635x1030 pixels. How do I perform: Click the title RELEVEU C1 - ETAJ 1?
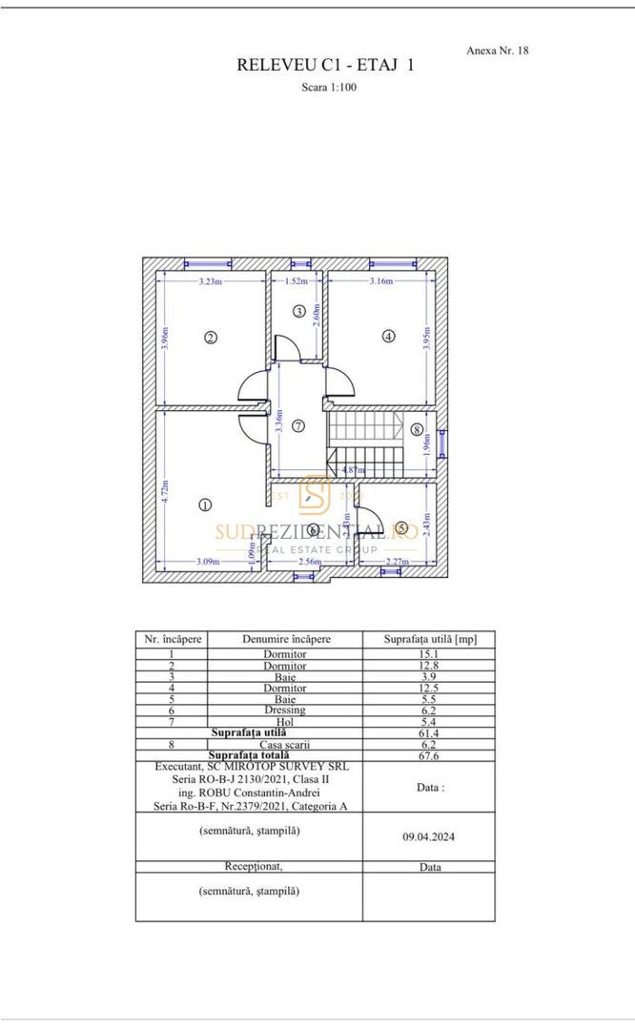pyautogui.click(x=325, y=66)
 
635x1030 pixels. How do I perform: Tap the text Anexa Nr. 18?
pyautogui.click(x=498, y=50)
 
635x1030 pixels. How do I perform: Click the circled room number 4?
pyautogui.click(x=388, y=336)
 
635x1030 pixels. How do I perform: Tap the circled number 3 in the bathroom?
pyautogui.click(x=298, y=311)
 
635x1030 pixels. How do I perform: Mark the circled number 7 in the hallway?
pyautogui.click(x=298, y=425)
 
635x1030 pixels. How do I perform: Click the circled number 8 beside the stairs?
pyautogui.click(x=417, y=429)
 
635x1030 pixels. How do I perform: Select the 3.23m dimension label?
pyautogui.click(x=212, y=281)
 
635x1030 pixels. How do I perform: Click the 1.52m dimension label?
pyautogui.click(x=297, y=281)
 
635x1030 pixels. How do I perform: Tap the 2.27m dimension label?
pyautogui.click(x=398, y=562)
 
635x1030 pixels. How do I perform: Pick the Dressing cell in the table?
pyautogui.click(x=284, y=711)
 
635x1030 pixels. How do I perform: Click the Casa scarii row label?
pyautogui.click(x=284, y=743)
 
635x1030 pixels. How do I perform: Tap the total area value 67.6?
pyautogui.click(x=428, y=754)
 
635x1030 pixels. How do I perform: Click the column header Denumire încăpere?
pyautogui.click(x=284, y=639)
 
